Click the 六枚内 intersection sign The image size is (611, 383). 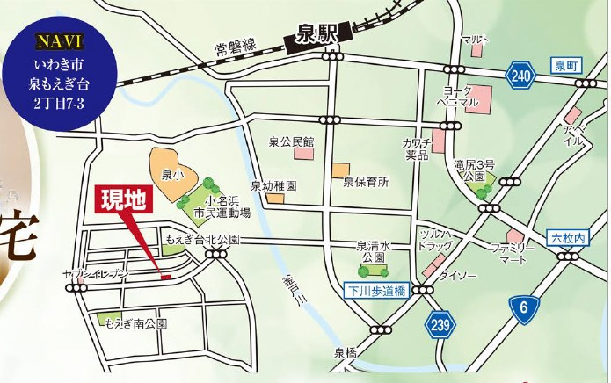[x=567, y=239]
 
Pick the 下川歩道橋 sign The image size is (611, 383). [x=375, y=290]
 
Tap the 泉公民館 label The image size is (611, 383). [x=292, y=141]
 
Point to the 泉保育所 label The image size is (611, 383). [x=365, y=183]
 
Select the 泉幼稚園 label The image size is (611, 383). [x=273, y=187]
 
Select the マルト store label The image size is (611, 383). [x=476, y=40]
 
